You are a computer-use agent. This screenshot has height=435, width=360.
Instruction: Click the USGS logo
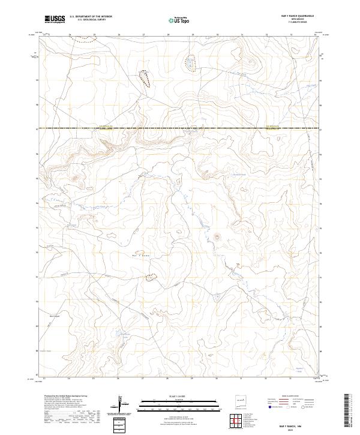coord(55,19)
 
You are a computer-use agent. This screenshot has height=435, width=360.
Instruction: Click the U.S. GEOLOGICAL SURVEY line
coord(91,20)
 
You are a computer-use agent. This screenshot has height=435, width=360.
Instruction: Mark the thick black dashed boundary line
coord(180,128)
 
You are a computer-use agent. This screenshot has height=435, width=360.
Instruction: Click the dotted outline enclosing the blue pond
coord(190,63)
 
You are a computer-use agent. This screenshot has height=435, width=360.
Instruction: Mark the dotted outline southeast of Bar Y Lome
coord(152,277)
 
